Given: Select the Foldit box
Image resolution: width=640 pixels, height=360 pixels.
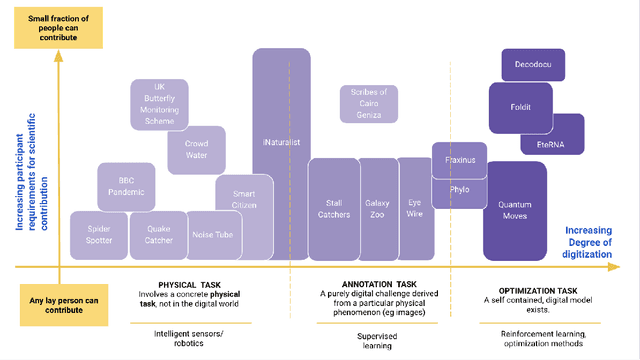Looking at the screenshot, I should click(x=521, y=108).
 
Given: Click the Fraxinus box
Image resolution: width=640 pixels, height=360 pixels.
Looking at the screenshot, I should click(x=459, y=159).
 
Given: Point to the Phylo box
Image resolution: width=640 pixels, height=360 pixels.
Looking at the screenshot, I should click(x=459, y=190).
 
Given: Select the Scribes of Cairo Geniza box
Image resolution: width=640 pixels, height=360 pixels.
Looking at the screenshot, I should click(x=368, y=103).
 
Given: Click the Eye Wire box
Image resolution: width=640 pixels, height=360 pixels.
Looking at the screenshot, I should click(x=414, y=207).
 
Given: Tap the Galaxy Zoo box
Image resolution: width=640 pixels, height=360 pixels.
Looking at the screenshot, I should click(x=378, y=208).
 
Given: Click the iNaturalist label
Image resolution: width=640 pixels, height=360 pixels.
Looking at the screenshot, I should click(x=281, y=143).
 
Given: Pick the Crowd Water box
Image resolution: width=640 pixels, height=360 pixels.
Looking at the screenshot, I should click(x=196, y=150).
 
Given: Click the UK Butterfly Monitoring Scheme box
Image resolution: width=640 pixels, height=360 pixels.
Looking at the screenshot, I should click(x=159, y=103).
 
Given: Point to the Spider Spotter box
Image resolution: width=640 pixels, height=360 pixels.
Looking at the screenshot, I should click(x=98, y=234).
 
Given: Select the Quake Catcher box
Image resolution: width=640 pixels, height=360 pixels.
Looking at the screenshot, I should click(x=158, y=234).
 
